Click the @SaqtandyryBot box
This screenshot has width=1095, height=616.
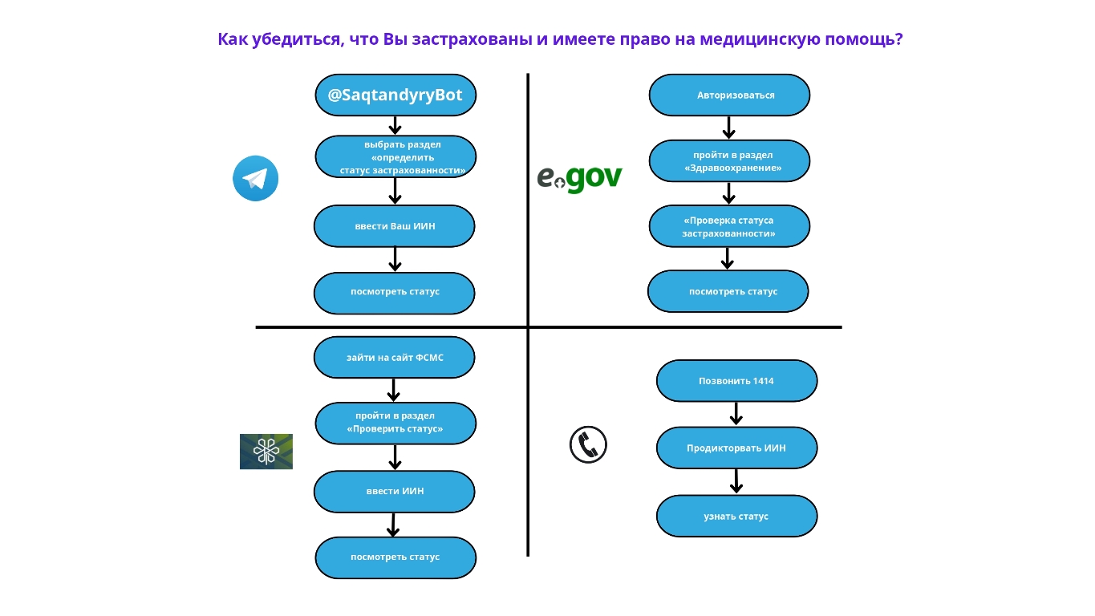click(x=395, y=95)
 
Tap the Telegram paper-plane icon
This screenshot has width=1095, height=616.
click(x=255, y=178)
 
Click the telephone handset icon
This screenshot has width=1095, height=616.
click(x=588, y=444)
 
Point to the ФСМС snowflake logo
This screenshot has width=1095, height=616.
click(x=266, y=452)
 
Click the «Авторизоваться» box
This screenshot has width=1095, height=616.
click(x=729, y=95)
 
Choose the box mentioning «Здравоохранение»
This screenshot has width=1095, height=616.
click(x=729, y=161)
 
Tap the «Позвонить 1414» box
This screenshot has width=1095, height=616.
click(x=736, y=381)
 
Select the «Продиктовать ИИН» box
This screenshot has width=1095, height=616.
click(x=736, y=448)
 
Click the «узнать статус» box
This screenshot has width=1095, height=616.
click(x=736, y=516)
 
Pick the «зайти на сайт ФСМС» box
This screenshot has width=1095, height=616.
click(x=394, y=358)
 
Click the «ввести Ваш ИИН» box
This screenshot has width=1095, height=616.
click(x=394, y=226)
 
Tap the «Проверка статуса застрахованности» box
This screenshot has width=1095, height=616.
click(x=729, y=226)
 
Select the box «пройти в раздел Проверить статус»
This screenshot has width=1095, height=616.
click(x=395, y=423)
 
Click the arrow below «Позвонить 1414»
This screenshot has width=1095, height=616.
click(x=736, y=413)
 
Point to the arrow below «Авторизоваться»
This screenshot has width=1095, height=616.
click(x=728, y=128)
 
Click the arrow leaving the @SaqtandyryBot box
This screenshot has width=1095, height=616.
click(x=395, y=125)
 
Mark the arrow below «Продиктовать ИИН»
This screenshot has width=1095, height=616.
click(x=736, y=481)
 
